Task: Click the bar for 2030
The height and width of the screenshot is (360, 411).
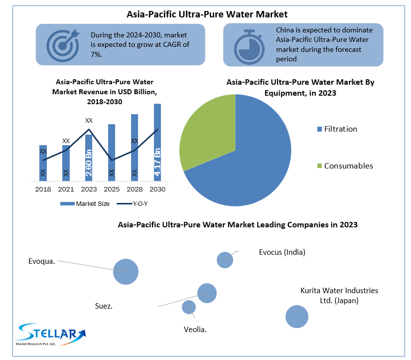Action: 157,142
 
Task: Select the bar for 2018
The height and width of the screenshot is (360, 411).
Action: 43,163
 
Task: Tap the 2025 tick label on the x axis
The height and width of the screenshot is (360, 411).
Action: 112,189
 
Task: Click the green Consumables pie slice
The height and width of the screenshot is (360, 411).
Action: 207,132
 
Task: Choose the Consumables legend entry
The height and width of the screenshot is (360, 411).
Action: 345,166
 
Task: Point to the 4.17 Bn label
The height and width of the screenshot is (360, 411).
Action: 157,163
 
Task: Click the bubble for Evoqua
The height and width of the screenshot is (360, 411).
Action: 126,272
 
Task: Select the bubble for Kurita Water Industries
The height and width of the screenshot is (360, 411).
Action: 297,316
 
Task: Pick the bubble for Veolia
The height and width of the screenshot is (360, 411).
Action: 189,307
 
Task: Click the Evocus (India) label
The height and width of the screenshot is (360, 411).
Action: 282,252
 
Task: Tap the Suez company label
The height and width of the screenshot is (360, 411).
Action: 104,306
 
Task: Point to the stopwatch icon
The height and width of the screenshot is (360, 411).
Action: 249,45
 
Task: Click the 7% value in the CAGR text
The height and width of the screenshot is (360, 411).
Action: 97,54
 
